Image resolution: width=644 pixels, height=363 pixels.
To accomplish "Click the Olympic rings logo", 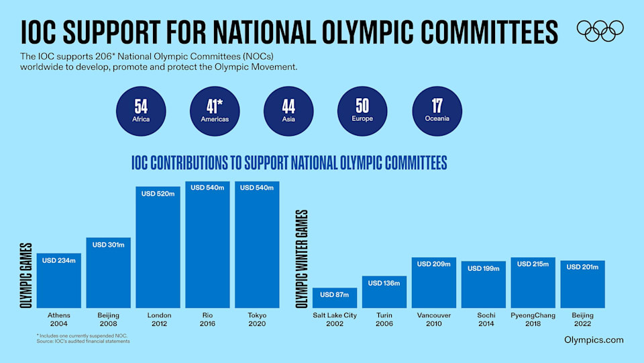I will pos(600,30).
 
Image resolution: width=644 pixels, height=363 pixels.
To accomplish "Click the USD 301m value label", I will pos(109,245).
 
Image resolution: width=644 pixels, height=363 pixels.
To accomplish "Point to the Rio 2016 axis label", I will pos(207,319).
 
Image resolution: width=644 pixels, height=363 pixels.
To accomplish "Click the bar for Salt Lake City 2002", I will pos(335,298).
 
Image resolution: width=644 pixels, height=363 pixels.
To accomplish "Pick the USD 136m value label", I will pos(384,283).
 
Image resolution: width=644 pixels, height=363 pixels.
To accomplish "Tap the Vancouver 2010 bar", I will pos(434,283).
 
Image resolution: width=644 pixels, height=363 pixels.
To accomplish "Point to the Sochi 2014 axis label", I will pos(484,319).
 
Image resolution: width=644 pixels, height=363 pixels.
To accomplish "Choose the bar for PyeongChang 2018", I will pos(533,283).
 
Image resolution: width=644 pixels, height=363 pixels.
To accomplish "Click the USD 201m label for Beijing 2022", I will pos(583,267).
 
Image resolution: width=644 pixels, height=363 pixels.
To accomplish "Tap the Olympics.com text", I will pos(594,340).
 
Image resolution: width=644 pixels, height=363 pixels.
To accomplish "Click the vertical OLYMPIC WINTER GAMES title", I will pos(300,258).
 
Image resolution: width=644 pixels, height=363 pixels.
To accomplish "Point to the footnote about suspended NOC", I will pos(82,335).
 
